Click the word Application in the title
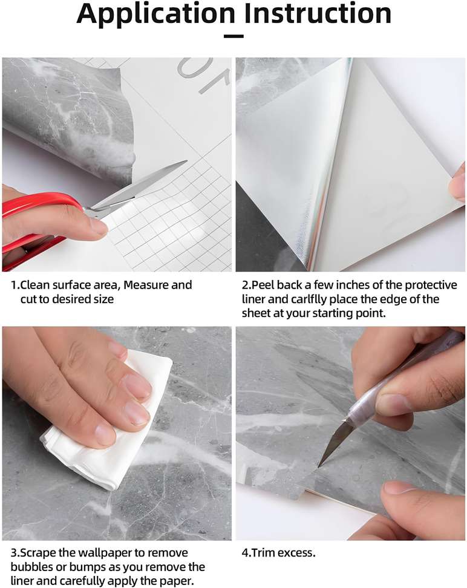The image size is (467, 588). [155, 15]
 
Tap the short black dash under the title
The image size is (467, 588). [234, 36]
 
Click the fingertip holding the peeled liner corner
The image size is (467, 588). [458, 184]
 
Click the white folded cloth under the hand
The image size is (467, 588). [109, 423]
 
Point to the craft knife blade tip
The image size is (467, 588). [318, 466]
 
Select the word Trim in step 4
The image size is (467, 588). [263, 553]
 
